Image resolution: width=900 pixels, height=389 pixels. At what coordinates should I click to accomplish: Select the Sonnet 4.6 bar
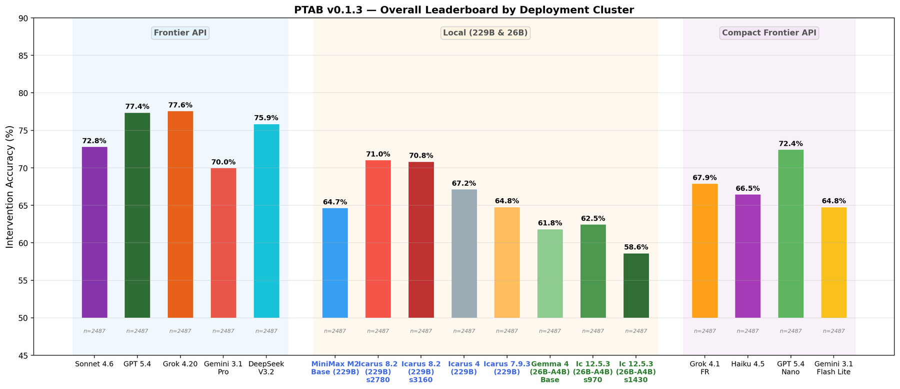click(x=94, y=232)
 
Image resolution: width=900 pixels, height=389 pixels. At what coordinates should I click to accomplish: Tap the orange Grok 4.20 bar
click(x=180, y=214)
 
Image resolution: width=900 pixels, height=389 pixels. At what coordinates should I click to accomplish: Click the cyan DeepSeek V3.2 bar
click(x=266, y=221)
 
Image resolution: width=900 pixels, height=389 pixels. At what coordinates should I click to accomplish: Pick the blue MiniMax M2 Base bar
click(x=335, y=263)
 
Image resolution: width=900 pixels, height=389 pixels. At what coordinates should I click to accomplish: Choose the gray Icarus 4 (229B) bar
click(x=464, y=253)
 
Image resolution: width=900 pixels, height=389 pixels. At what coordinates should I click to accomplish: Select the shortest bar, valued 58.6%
click(x=636, y=285)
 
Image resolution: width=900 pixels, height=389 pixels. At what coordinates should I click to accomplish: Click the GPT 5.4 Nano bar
click(x=791, y=234)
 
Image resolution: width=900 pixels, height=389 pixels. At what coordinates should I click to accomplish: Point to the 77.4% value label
click(x=137, y=107)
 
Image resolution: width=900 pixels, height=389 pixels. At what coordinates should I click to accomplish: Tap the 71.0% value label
click(x=378, y=154)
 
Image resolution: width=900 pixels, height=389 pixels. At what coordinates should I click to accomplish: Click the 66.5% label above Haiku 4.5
click(x=748, y=188)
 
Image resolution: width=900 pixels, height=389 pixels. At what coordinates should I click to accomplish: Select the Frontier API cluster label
click(x=180, y=33)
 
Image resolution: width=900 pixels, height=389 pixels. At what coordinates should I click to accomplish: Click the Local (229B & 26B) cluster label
click(x=485, y=33)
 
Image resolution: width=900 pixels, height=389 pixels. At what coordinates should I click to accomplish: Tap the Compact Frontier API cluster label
click(x=769, y=33)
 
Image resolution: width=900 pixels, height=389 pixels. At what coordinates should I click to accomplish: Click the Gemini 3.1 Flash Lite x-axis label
click(x=834, y=368)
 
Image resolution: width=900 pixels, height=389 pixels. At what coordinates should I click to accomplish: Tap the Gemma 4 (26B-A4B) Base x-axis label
click(x=550, y=372)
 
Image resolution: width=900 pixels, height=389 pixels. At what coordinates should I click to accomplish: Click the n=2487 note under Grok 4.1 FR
click(x=705, y=331)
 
